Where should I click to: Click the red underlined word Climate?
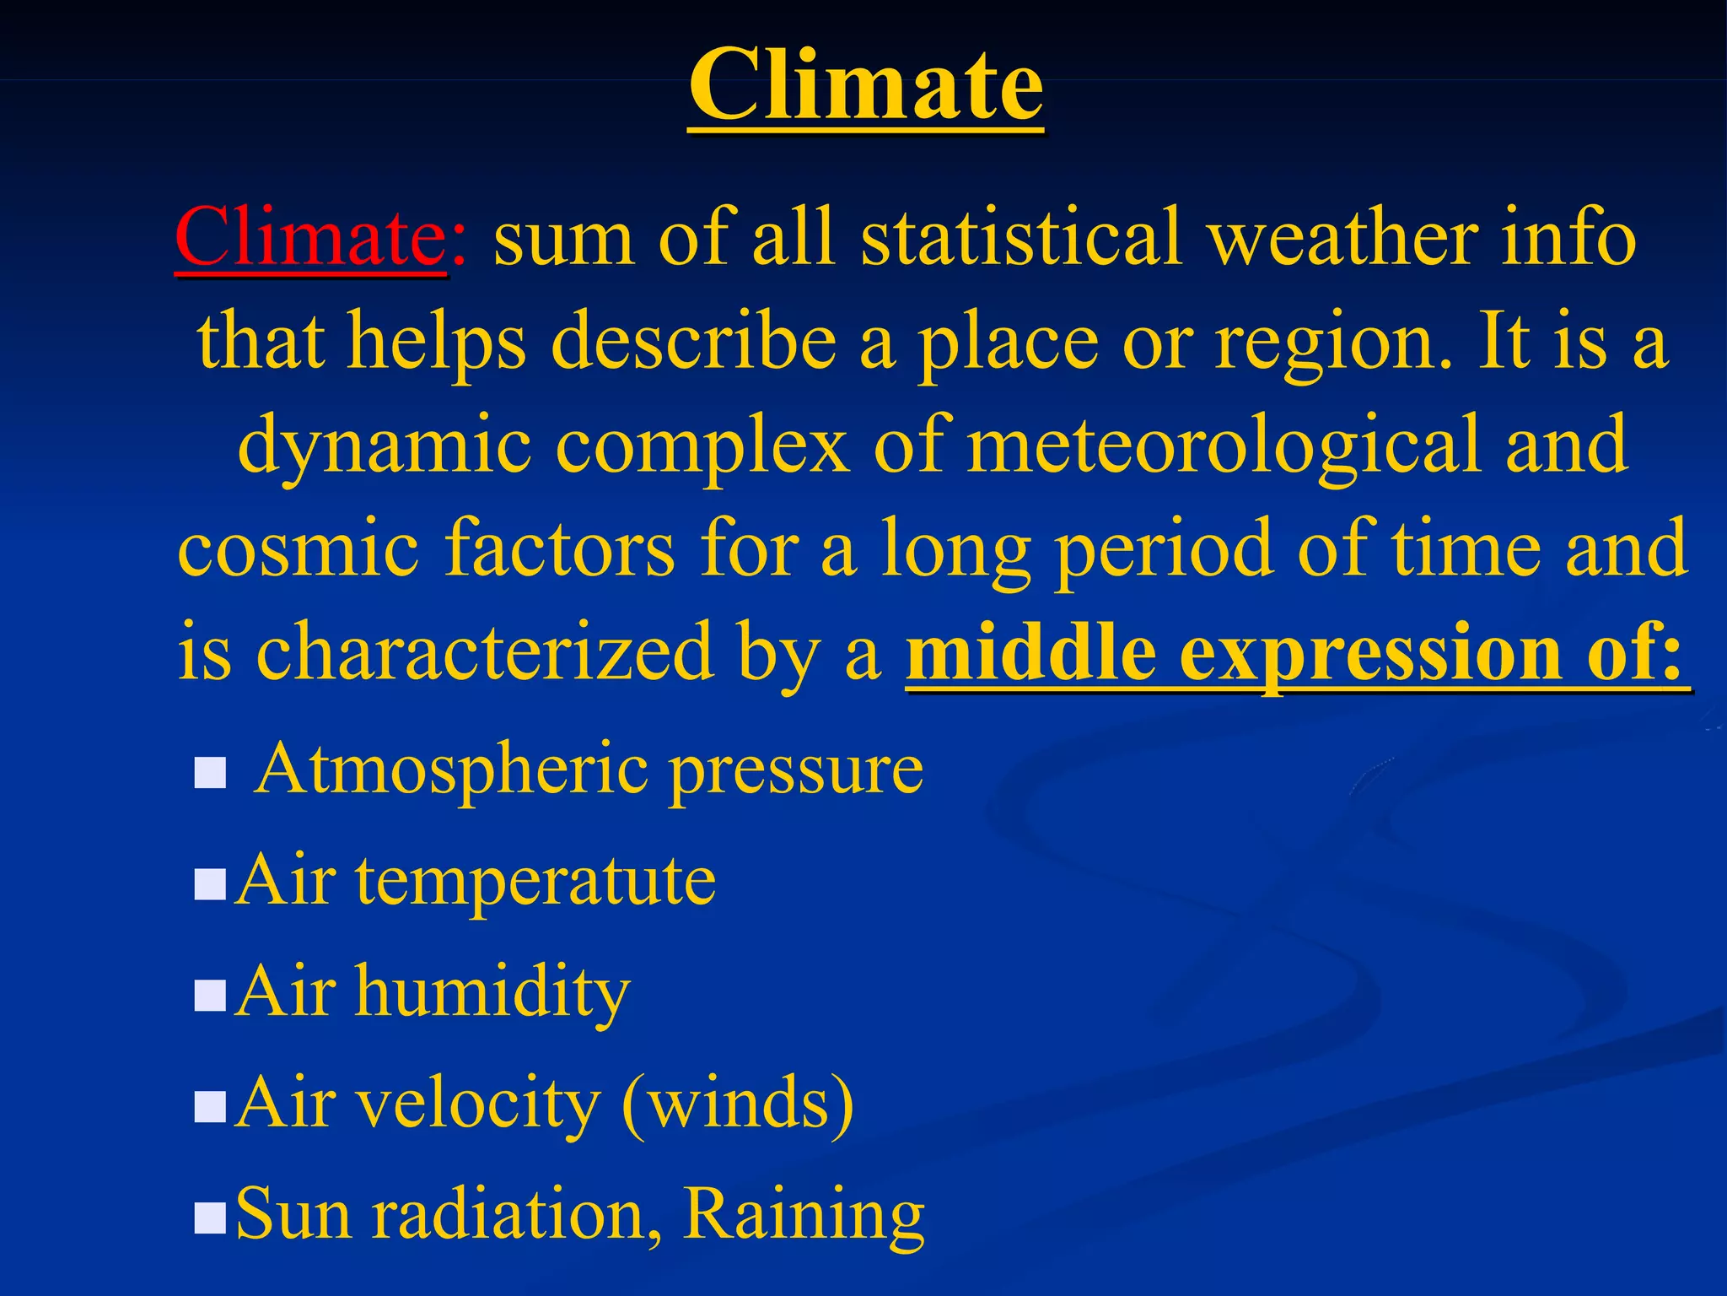tap(309, 239)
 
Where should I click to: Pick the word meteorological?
tap(1224, 445)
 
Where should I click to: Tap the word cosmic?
tap(298, 549)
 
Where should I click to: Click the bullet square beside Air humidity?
tap(210, 995)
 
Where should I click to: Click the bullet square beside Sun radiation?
tap(210, 1218)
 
